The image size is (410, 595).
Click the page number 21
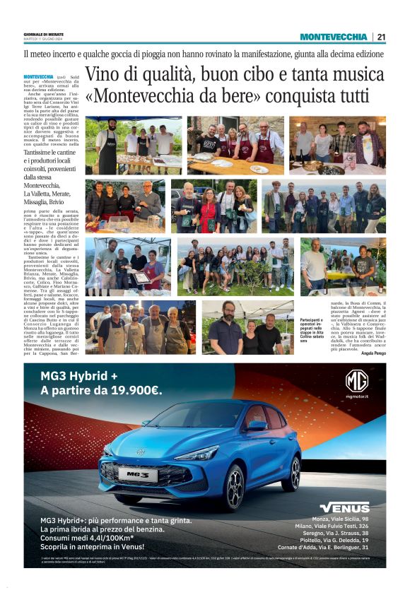381,37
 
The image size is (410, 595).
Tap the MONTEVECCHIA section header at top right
333,37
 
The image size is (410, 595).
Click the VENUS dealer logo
344,507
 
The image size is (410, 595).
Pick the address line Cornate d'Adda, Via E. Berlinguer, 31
323,547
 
